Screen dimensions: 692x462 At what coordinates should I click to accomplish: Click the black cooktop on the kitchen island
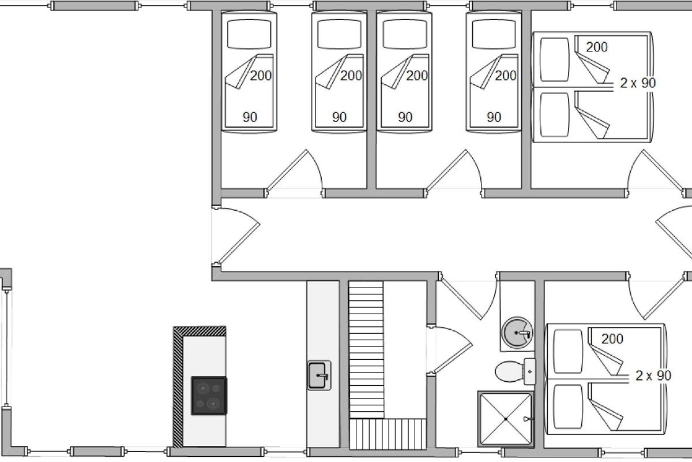coord(209,396)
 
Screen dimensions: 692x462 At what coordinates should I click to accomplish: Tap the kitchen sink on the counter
coord(319,375)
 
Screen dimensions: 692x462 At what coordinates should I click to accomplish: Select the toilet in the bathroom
coord(516,371)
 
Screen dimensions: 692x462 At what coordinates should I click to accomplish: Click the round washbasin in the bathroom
coord(517,333)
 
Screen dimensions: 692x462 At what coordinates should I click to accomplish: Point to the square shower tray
coord(506,419)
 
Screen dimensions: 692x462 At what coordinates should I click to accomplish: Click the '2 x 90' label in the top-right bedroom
coord(638,83)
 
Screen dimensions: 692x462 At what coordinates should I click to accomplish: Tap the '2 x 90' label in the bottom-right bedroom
coord(653,376)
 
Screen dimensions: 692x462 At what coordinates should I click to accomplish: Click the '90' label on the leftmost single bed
coord(250,117)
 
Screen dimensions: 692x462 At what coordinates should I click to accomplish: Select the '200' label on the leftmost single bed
coord(261,76)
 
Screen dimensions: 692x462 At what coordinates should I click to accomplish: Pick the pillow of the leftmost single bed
coord(249,34)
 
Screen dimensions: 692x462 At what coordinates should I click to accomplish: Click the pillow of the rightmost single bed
coord(494,34)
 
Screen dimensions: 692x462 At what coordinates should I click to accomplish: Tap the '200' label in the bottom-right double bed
coord(612,339)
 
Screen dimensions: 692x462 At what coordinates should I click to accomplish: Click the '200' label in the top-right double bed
coord(597,47)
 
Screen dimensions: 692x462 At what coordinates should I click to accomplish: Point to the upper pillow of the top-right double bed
coord(555,59)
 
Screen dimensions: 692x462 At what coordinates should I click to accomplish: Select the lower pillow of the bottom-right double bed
coord(568,407)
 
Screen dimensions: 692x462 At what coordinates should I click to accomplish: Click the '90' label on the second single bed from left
coord(339,117)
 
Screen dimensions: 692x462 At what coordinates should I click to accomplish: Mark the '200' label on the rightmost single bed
coord(506,76)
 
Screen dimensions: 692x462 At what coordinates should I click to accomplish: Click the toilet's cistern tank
coord(530,371)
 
